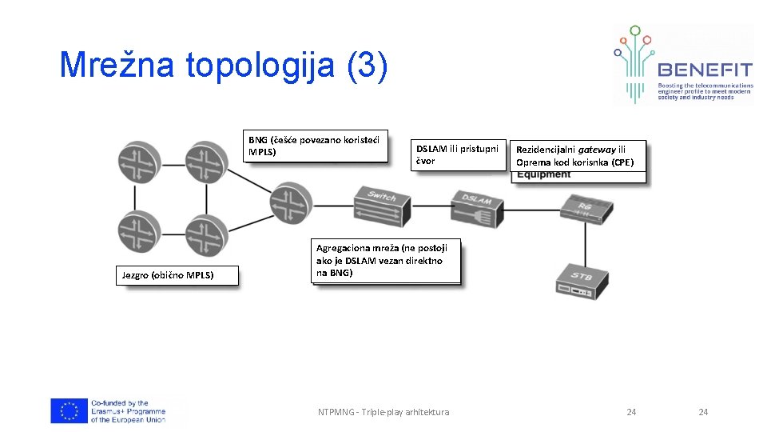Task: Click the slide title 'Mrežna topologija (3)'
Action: (224, 65)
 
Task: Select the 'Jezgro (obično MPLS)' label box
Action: (168, 275)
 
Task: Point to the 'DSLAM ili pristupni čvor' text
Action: (457, 154)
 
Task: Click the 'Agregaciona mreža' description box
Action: (387, 261)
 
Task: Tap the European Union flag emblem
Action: (69, 411)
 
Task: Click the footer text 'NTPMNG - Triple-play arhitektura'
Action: (383, 412)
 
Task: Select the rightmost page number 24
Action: (703, 412)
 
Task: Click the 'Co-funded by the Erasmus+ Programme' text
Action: (128, 411)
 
